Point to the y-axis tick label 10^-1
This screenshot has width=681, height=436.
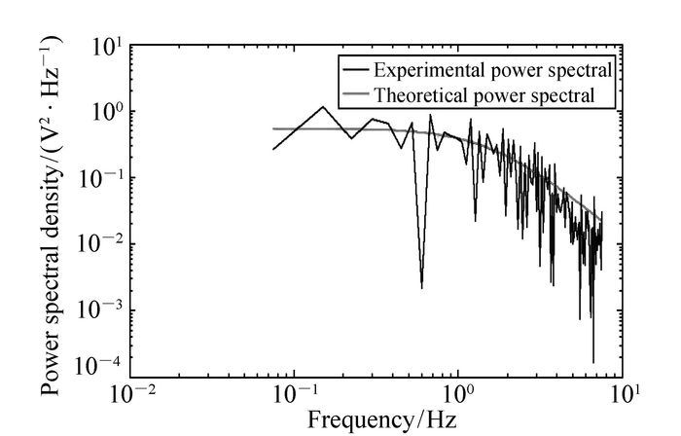point(100,179)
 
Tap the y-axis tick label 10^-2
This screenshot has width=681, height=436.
point(100,245)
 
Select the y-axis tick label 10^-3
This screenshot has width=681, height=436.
point(100,311)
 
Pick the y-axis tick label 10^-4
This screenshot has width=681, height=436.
point(100,365)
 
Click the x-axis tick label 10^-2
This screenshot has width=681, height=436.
point(131,397)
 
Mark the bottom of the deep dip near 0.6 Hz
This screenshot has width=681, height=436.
point(421,287)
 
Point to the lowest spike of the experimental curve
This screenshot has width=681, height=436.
point(593,362)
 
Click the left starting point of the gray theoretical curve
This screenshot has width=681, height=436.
point(273,128)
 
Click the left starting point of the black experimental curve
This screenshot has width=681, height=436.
point(273,149)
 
